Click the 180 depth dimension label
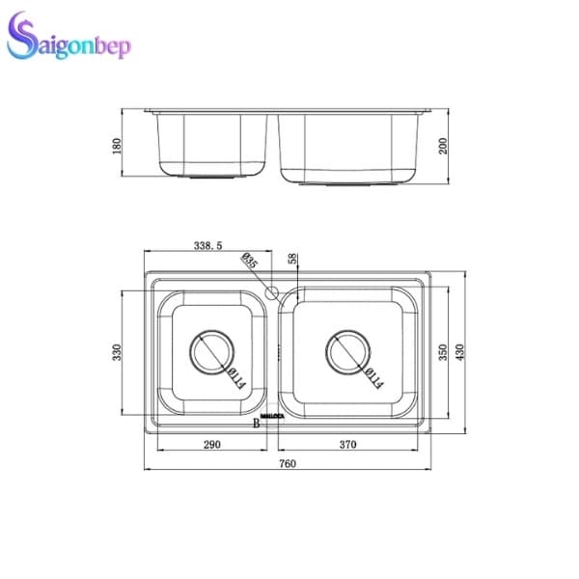tap(118, 146)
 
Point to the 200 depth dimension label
tap(443, 146)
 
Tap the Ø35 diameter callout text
tap(249, 263)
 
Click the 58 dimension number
tap(292, 260)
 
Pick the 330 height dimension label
tap(118, 353)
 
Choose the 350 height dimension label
tap(443, 353)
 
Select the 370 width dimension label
tap(348, 445)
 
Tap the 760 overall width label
tap(288, 464)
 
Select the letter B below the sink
tap(257, 424)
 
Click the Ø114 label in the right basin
tap(372, 379)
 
